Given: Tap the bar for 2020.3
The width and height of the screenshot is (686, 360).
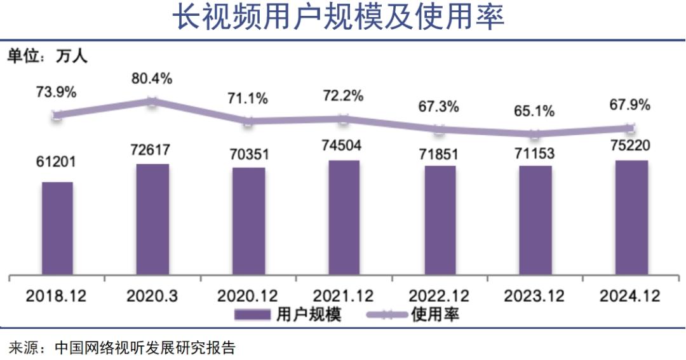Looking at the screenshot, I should (x=152, y=220).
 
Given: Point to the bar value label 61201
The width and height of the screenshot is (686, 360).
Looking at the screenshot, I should (x=56, y=162).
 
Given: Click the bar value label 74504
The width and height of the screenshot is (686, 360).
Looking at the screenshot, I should (x=344, y=145).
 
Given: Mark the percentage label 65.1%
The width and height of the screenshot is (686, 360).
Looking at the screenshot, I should (x=534, y=112).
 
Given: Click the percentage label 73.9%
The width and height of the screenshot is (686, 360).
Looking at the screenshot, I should (x=56, y=91).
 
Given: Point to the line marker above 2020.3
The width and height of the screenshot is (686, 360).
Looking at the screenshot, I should (x=152, y=102).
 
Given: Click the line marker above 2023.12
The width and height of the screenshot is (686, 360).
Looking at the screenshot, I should (x=535, y=134).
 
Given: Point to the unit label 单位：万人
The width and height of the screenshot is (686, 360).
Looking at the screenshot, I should (x=47, y=57).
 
